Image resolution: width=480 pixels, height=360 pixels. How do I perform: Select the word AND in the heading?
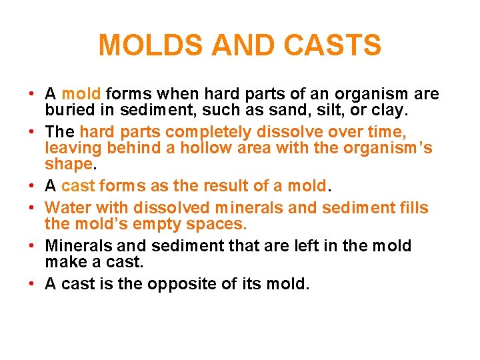(x=247, y=46)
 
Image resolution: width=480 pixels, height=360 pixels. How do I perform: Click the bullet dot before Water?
(x=33, y=209)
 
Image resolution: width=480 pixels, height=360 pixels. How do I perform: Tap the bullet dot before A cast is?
(x=33, y=284)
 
